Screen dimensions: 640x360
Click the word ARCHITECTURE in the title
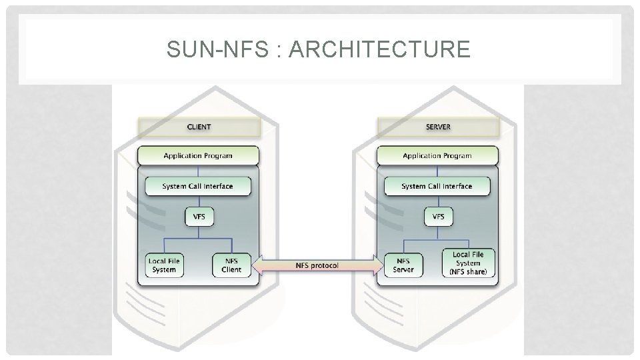[379, 49]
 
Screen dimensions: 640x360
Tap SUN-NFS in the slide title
[217, 49]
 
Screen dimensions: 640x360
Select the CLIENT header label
[199, 127]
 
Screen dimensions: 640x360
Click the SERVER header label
[439, 127]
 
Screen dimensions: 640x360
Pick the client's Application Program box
[199, 155]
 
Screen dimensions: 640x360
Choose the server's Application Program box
[437, 155]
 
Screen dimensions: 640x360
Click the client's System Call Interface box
[198, 186]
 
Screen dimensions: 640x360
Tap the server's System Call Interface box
[437, 186]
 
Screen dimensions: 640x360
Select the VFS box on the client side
[199, 217]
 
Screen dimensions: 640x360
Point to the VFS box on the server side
[439, 217]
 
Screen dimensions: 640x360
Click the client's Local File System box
[164, 265]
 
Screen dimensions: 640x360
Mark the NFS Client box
[231, 265]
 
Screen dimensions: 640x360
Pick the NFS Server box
[403, 265]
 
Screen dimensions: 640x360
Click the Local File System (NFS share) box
[469, 263]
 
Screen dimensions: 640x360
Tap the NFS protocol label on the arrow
[317, 266]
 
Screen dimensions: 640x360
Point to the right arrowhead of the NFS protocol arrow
[379, 266]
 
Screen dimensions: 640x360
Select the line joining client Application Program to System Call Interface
[199, 171]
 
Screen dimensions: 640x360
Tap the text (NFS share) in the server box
[468, 272]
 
